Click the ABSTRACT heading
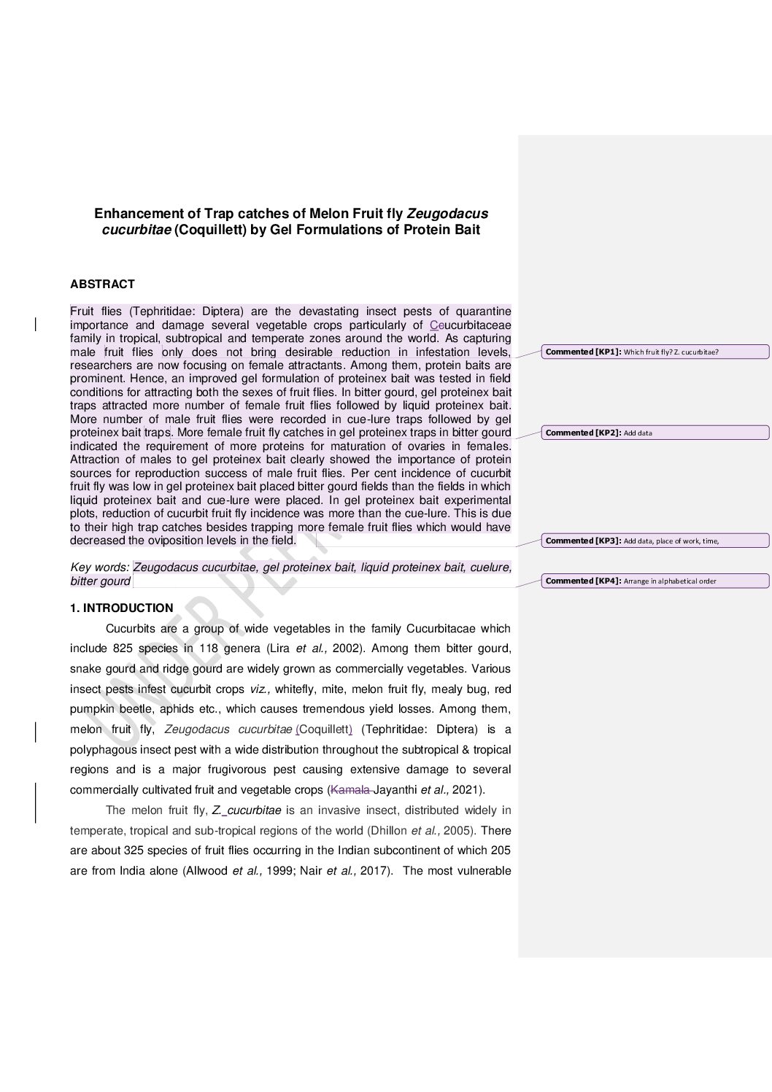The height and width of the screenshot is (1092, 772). [102, 284]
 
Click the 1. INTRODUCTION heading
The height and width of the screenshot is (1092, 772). [121, 608]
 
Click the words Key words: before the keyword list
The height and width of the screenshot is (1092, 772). [100, 568]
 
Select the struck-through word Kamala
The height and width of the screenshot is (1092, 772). [352, 789]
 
